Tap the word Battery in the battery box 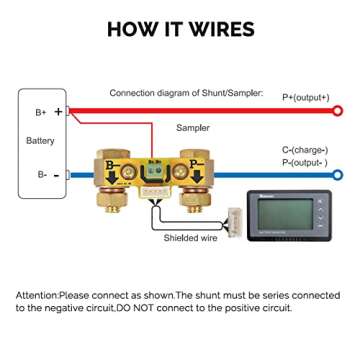pyautogui.click(x=40, y=141)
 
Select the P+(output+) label pyautogui.click(x=305, y=97)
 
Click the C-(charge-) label pyautogui.click(x=304, y=150)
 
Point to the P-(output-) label pyautogui.click(x=304, y=161)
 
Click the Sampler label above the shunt pyautogui.click(x=192, y=128)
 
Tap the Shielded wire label pyautogui.click(x=190, y=238)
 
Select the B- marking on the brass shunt pyautogui.click(x=112, y=167)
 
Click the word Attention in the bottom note pyautogui.click(x=36, y=297)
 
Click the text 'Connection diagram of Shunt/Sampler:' pyautogui.click(x=186, y=93)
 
